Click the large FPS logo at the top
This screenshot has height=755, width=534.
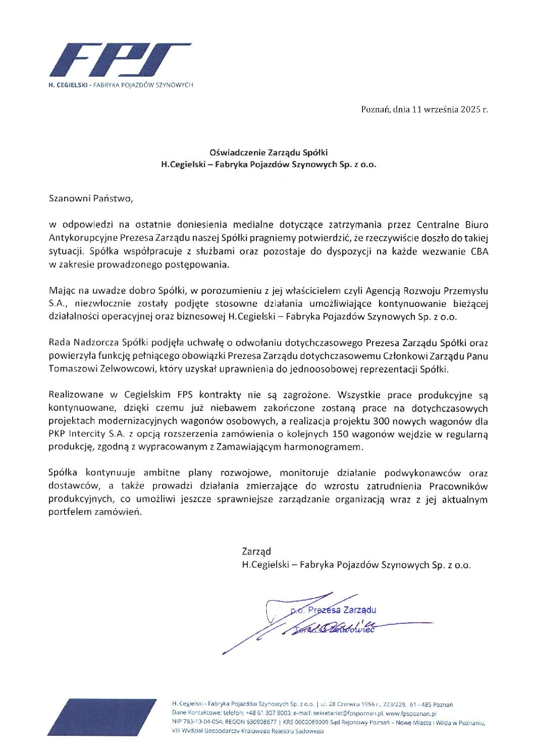coord(120,60)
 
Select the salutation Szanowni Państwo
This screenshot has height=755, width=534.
coord(91,198)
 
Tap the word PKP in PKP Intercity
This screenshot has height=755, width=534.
coord(57,434)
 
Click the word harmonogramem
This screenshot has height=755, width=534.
coord(330,447)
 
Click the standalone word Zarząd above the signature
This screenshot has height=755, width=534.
coord(256,551)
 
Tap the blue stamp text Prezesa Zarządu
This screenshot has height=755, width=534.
coord(342,610)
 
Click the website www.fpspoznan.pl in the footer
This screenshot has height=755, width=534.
coord(411,714)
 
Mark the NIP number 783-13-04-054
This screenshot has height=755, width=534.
coord(199,723)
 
